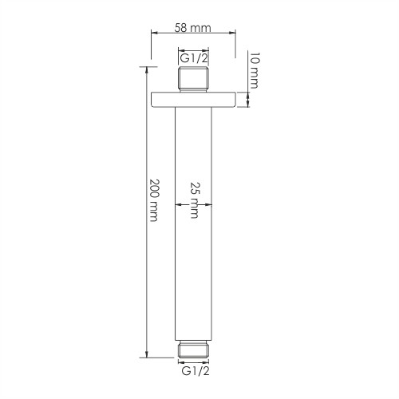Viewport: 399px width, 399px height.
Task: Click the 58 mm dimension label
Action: point(192,27)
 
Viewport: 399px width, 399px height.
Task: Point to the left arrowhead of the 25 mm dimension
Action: point(178,206)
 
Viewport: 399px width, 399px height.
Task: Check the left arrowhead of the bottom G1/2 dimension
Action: point(180,365)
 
